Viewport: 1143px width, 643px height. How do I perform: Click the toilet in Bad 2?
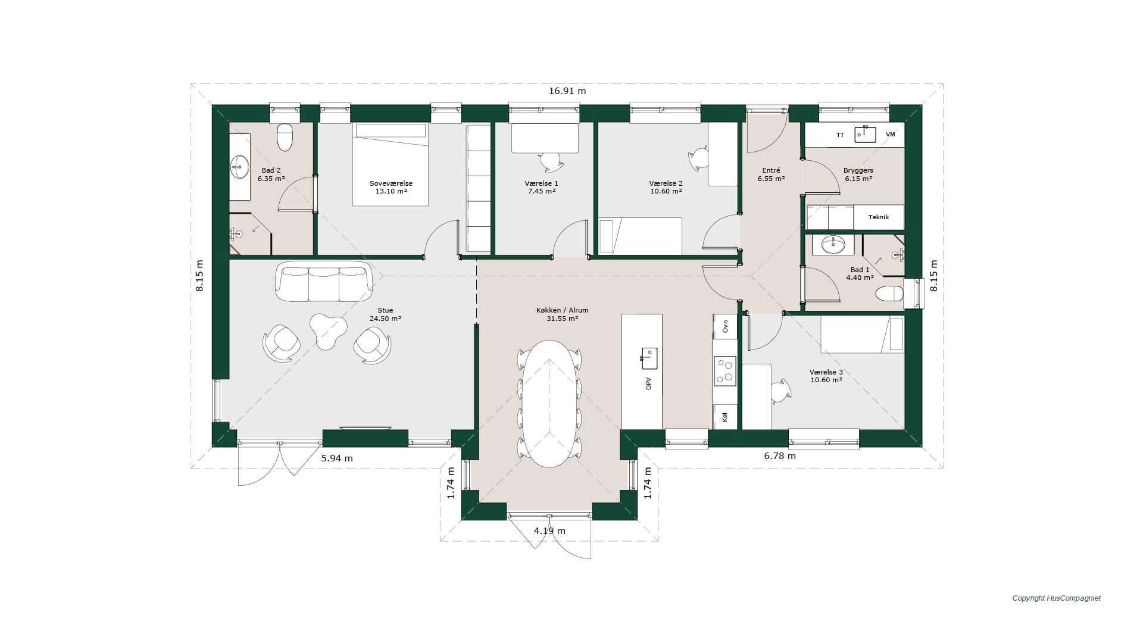[285, 137]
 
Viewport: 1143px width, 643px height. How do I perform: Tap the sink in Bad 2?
[240, 167]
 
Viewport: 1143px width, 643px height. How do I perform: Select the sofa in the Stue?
[324, 281]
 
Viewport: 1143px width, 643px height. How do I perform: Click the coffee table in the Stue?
[327, 330]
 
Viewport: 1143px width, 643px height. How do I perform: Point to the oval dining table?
[549, 404]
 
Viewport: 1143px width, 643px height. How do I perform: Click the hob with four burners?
[725, 371]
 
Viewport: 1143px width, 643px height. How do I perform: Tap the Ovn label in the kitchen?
[725, 326]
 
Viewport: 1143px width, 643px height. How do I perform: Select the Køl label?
[725, 417]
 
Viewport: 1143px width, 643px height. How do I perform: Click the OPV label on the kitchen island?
[649, 384]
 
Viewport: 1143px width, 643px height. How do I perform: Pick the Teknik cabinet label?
[879, 217]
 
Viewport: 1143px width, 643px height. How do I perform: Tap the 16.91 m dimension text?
[567, 91]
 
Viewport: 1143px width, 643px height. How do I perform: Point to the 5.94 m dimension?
[337, 458]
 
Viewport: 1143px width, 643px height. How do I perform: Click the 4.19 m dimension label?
[549, 531]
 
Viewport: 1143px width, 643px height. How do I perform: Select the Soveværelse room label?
[391, 183]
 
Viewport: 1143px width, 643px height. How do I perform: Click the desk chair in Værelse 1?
[551, 161]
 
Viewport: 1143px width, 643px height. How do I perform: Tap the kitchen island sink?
[649, 358]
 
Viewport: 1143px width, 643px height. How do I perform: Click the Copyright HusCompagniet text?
[1057, 598]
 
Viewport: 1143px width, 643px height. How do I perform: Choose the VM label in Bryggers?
[891, 135]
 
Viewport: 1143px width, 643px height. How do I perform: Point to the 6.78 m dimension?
[780, 456]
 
